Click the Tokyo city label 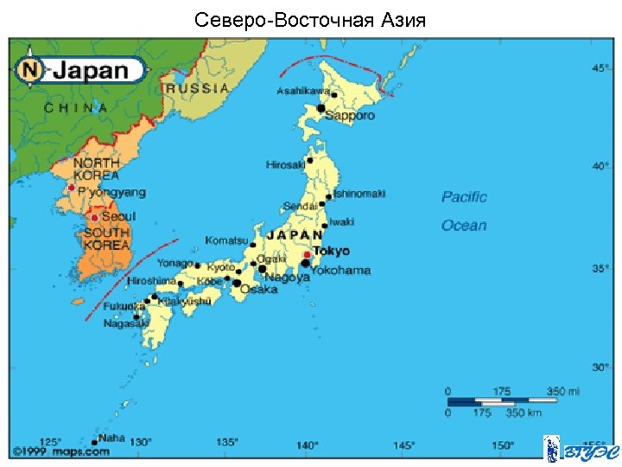331,251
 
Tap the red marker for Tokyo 307,255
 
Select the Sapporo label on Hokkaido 350,115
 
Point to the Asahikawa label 303,91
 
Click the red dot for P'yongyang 71,187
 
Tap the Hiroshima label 152,281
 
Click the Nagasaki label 120,323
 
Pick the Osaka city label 259,289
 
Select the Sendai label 299,206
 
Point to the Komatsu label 226,240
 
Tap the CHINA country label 76,108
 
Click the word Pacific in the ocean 464,197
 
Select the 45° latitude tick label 600,67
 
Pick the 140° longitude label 307,445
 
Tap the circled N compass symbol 32,69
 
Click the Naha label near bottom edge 111,438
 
